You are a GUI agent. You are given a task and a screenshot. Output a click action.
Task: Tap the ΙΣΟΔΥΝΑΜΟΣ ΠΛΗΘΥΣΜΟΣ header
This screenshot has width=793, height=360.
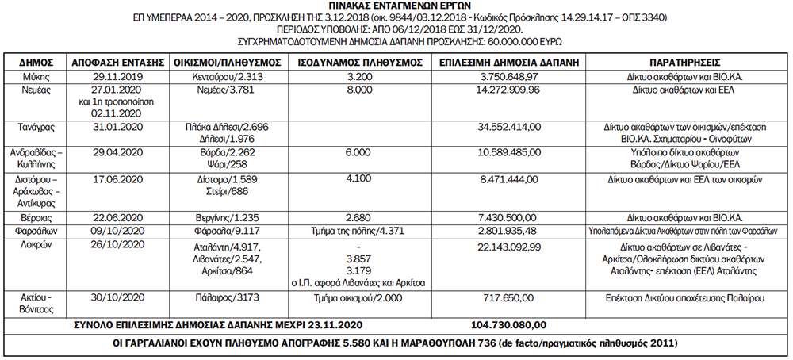(x=354, y=61)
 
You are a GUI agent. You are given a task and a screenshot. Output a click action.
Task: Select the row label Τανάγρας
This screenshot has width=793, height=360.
(x=32, y=126)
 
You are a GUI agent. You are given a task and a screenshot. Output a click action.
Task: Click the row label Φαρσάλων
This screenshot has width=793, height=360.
(x=32, y=231)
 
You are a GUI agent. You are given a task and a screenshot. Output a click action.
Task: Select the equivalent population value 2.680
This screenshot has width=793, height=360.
(x=354, y=217)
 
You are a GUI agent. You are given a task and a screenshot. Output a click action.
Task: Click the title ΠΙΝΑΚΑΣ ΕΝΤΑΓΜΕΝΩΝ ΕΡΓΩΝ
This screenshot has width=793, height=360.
(x=396, y=6)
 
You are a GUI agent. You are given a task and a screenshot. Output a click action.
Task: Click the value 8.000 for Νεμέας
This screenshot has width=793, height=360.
(x=354, y=90)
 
